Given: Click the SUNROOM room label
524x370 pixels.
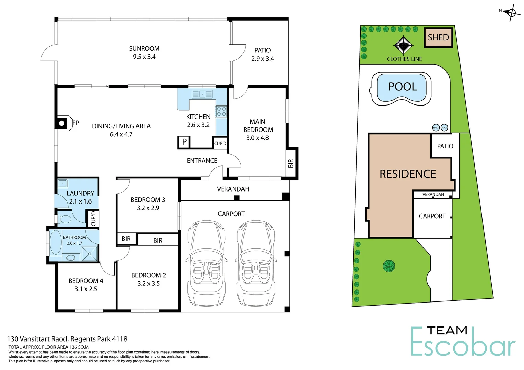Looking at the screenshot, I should (144, 49).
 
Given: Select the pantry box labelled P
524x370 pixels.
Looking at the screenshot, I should (184, 142).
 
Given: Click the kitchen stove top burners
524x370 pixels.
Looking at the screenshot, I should (221, 112).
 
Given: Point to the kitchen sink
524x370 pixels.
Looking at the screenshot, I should (202, 94).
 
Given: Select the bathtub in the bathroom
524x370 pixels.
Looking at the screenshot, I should (56, 242).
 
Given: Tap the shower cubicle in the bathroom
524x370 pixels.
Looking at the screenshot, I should (90, 254).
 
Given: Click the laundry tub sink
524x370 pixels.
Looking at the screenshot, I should (62, 183).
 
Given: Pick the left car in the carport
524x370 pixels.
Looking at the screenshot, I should (206, 263).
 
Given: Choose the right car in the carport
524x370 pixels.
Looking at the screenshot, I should (255, 263).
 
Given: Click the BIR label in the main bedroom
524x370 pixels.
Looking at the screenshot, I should (291, 163).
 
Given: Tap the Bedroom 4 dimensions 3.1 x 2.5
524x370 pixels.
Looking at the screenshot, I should (86, 289).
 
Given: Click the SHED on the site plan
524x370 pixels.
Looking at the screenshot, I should (438, 37).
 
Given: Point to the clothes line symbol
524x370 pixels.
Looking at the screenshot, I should (403, 45).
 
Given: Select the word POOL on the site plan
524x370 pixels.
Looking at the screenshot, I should (403, 87).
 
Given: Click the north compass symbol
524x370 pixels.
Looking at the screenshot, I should (511, 13).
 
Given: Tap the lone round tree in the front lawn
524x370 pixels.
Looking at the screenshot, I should (389, 266).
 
